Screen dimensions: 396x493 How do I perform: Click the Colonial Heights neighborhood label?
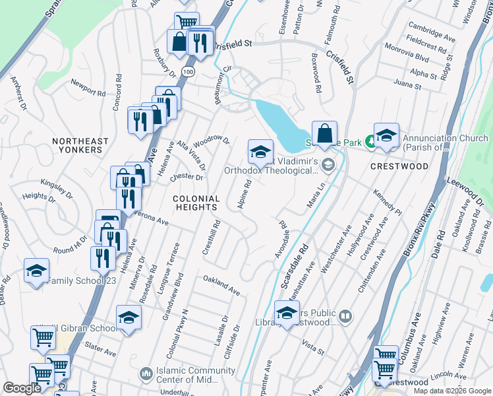click(196, 203)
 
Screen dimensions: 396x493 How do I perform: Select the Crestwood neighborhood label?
click(399, 166)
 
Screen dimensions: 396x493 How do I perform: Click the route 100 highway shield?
click(189, 71)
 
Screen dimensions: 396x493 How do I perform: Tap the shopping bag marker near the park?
click(324, 134)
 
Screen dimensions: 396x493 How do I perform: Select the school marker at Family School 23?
click(37, 271)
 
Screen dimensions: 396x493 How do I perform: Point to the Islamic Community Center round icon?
click(146, 374)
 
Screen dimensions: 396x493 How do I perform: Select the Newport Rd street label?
click(88, 89)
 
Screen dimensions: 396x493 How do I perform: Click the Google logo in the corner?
click(22, 388)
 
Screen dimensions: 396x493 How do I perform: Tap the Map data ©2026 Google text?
click(451, 390)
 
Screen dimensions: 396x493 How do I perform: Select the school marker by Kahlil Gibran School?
click(129, 318)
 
